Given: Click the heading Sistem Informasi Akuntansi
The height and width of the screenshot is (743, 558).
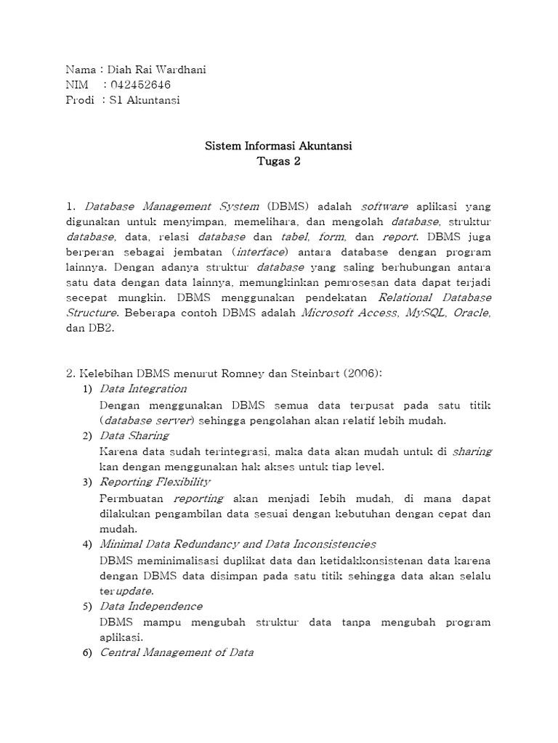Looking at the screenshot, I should tap(278, 147).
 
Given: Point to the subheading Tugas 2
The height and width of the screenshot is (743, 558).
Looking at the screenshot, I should tap(278, 162).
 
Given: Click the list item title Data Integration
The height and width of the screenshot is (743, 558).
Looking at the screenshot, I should tap(143, 389).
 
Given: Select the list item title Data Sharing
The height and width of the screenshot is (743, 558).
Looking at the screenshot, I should tap(134, 435).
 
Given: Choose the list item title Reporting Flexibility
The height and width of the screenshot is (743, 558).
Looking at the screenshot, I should tap(155, 482).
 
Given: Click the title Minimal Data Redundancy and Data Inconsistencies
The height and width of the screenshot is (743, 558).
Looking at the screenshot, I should tap(238, 543).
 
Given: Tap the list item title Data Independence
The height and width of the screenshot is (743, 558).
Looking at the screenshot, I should tap(150, 606).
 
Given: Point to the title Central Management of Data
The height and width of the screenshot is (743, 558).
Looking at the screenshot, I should tap(176, 652).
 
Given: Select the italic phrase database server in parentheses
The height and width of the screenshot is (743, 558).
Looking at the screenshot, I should tap(147, 420).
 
